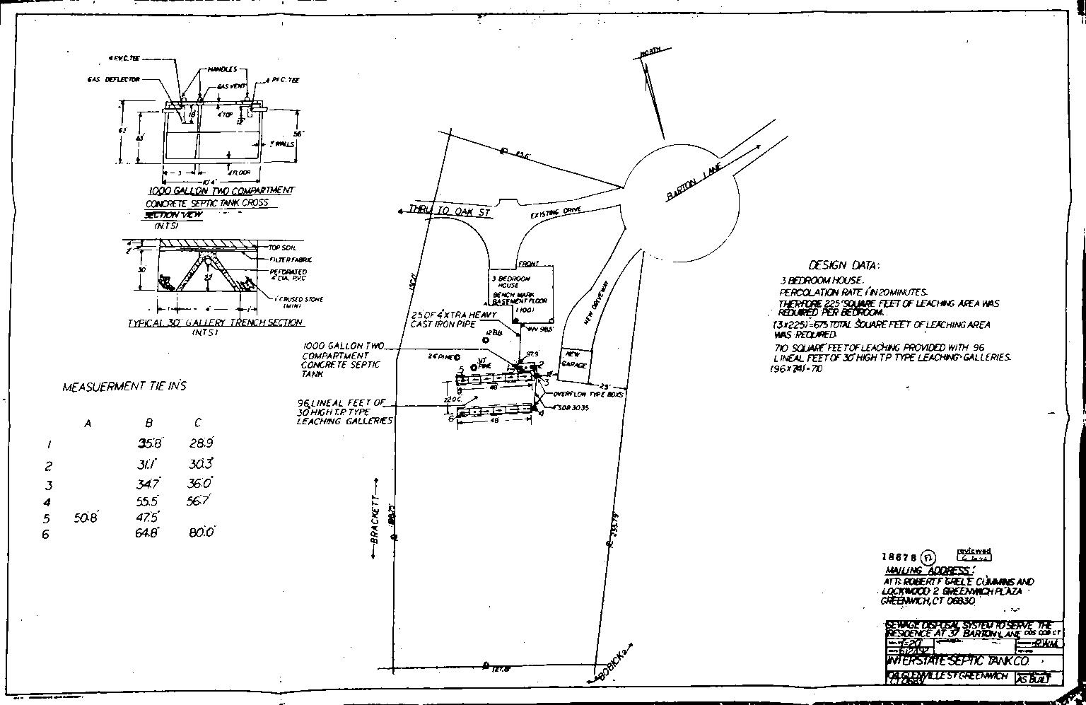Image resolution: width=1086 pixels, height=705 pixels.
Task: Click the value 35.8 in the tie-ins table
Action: pos(150,444)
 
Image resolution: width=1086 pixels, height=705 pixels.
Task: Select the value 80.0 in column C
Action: pos(202,532)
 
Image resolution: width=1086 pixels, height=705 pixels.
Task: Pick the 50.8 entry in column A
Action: pos(86,518)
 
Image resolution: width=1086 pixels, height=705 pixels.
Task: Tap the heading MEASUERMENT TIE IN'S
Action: pos(124,387)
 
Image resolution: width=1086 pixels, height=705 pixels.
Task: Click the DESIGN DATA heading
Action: pos(843,265)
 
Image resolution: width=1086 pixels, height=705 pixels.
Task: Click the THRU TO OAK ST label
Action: pos(450,210)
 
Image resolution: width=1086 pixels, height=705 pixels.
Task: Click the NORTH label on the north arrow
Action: pos(650,52)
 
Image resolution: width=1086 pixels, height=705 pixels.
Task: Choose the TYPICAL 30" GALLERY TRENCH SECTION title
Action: pos(215,322)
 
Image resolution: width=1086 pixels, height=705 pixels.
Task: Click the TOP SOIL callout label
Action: pos(282,247)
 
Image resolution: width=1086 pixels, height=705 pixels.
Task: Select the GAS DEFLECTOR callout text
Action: pos(113,80)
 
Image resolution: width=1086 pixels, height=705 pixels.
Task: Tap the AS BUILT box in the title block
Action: pos(1037,678)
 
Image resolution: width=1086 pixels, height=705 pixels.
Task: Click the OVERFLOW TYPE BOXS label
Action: pos(588,394)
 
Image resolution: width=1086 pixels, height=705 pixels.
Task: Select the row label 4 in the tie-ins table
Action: pos(47,502)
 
